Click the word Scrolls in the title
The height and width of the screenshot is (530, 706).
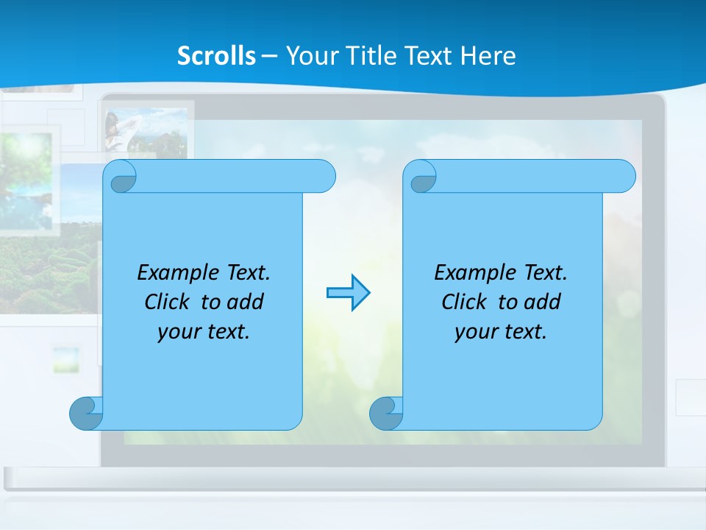pyautogui.click(x=216, y=56)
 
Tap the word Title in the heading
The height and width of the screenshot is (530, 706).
pyautogui.click(x=372, y=56)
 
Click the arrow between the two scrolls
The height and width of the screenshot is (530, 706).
pyautogui.click(x=348, y=293)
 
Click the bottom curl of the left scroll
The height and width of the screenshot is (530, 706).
pyautogui.click(x=86, y=413)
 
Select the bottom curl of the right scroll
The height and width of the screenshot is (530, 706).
pyautogui.click(x=386, y=413)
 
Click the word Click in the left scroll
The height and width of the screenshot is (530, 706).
pyautogui.click(x=168, y=302)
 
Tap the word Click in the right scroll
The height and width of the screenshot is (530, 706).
pyautogui.click(x=465, y=302)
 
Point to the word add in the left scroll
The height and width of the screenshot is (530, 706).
pyautogui.click(x=246, y=302)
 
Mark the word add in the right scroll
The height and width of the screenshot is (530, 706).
pyautogui.click(x=543, y=302)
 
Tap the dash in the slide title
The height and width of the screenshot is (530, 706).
pyautogui.click(x=269, y=56)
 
